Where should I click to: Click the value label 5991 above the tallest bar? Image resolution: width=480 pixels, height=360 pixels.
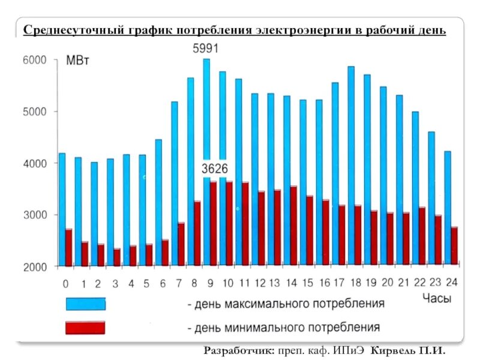[205, 49]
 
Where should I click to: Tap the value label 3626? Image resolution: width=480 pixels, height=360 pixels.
[214, 169]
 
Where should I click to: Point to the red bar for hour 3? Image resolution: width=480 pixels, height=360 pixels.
[116, 257]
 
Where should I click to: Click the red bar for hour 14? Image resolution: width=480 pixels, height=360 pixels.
[293, 226]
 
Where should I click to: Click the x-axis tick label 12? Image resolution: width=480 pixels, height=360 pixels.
[260, 283]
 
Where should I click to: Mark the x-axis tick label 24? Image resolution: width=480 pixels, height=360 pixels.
[452, 283]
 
